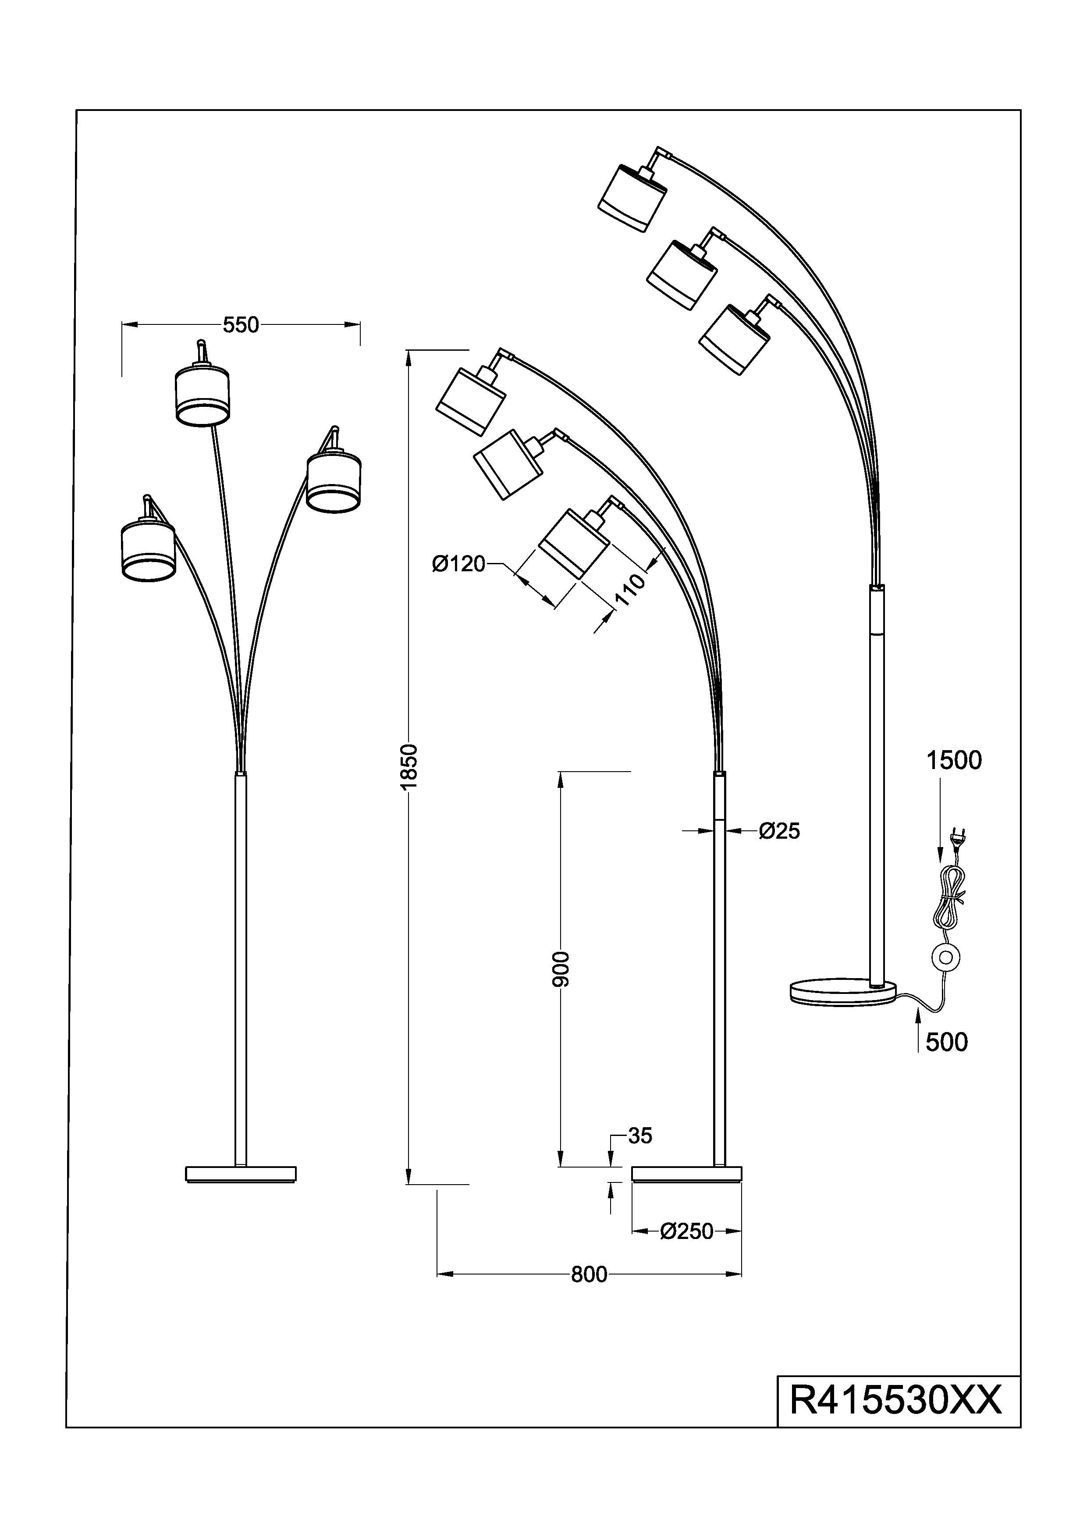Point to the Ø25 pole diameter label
(x=779, y=831)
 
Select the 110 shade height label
(x=629, y=590)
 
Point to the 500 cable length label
(x=946, y=1042)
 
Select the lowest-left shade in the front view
(x=149, y=551)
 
